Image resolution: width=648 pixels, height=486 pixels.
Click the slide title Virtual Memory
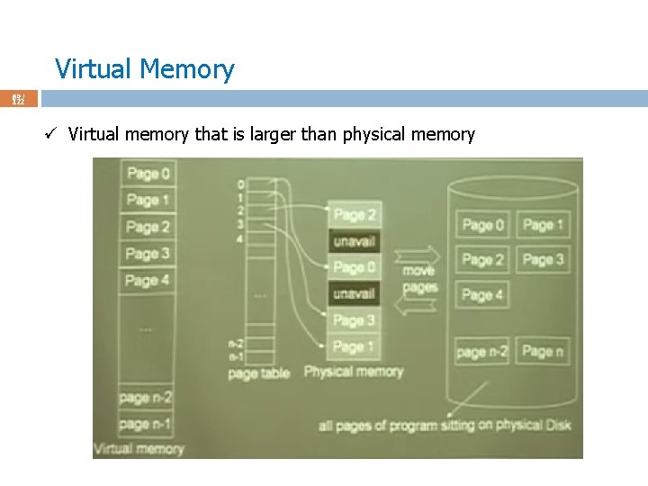(x=144, y=69)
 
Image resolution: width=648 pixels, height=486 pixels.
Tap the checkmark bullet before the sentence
(x=54, y=135)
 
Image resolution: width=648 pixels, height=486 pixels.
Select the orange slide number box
(x=18, y=98)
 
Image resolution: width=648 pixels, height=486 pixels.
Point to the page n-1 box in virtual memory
(x=146, y=423)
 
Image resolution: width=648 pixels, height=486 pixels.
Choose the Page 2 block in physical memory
(x=355, y=214)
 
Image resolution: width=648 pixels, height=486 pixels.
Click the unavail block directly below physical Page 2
(x=355, y=241)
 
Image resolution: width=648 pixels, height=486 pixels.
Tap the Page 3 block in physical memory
(x=355, y=320)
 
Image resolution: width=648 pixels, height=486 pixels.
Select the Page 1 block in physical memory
(x=355, y=346)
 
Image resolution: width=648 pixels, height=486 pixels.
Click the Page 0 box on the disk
(x=483, y=225)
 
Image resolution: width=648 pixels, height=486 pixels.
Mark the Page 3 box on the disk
(x=543, y=259)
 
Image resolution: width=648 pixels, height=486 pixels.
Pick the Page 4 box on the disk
(x=483, y=294)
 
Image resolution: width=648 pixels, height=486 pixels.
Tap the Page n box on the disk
(x=543, y=351)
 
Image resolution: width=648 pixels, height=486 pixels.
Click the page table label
(x=259, y=373)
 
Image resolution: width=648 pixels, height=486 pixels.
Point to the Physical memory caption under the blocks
(x=354, y=372)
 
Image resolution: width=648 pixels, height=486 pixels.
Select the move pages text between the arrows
(x=418, y=278)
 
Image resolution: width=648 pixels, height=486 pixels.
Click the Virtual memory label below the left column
(x=139, y=448)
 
